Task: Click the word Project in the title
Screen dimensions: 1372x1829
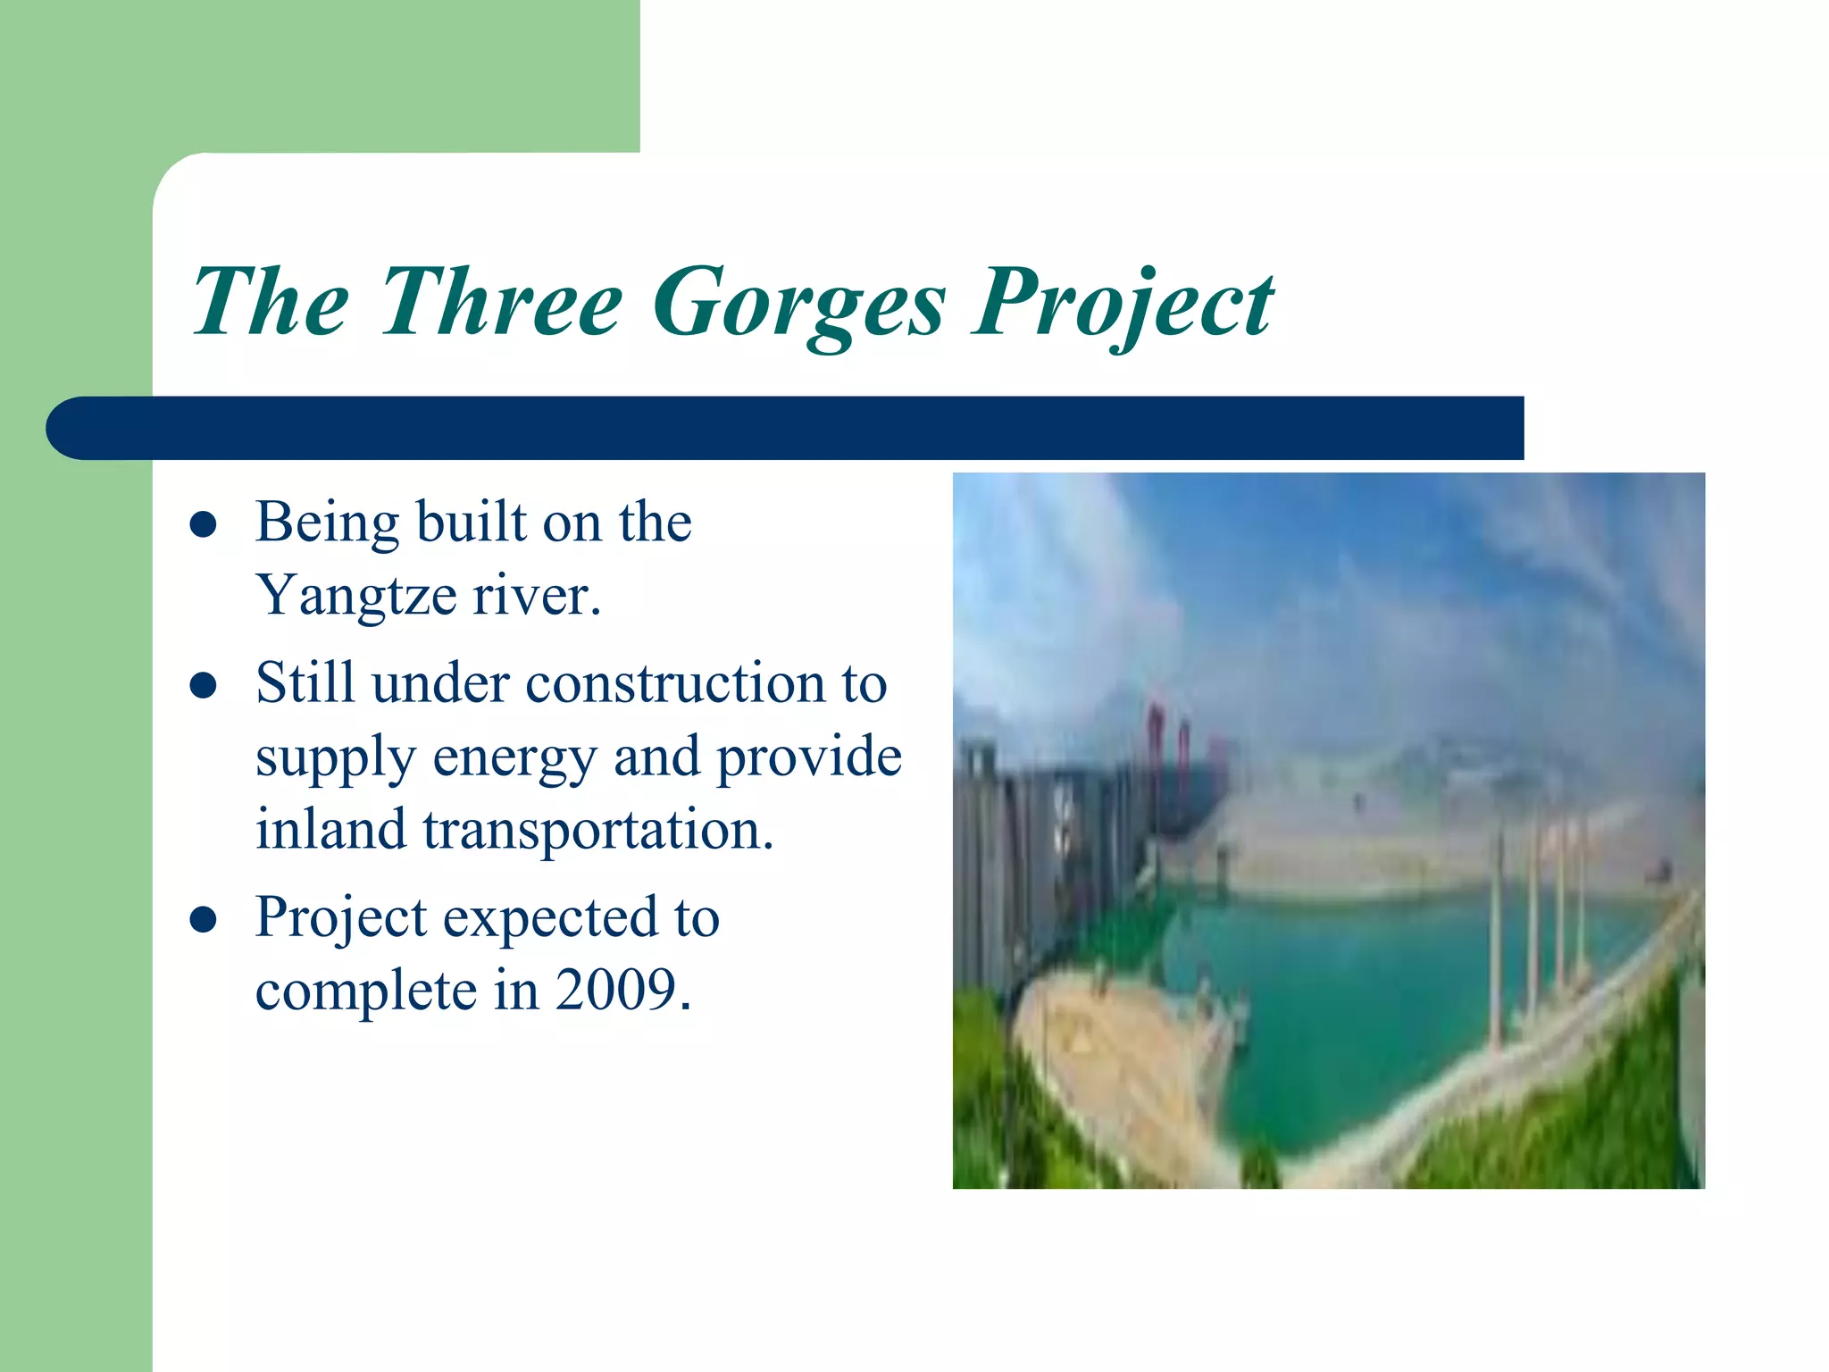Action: [x=1123, y=304]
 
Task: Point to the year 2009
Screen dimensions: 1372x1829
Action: [x=622, y=990]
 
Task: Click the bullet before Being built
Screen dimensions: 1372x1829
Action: [x=204, y=524]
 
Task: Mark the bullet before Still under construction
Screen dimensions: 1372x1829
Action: [x=204, y=686]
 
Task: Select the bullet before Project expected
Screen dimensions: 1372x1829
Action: [x=204, y=919]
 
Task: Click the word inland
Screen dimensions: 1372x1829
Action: [x=331, y=829]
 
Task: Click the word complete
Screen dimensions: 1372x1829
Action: [x=366, y=991]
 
